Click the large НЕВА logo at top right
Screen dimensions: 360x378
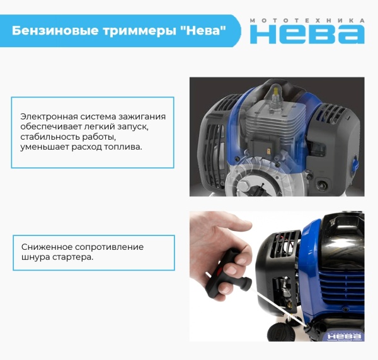click(x=307, y=35)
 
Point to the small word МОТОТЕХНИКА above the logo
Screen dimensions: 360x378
click(x=307, y=20)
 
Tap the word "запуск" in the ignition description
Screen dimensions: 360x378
click(x=136, y=127)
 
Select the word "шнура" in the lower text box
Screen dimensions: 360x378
click(x=33, y=256)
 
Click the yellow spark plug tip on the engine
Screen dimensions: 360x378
click(x=275, y=93)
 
